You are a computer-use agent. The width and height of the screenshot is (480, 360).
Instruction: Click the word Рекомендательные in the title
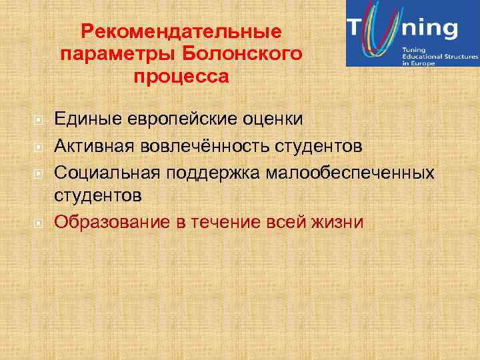[181, 31]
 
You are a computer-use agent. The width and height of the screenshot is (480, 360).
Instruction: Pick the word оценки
[277, 119]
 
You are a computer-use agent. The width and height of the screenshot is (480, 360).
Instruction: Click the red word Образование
[112, 221]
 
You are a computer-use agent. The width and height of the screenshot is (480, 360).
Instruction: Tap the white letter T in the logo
[356, 29]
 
